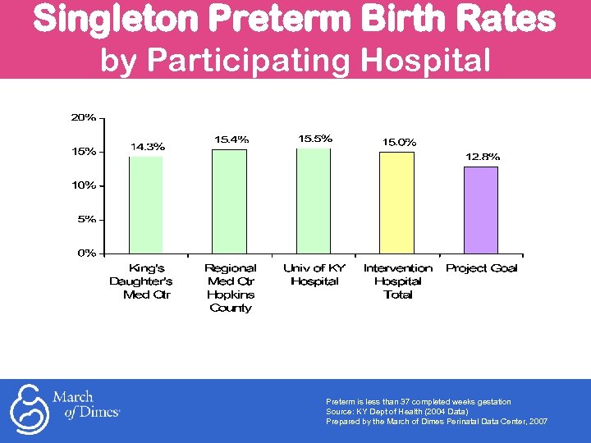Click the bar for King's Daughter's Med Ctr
[146, 204]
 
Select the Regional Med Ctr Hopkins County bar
[230, 201]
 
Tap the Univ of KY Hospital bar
[314, 200]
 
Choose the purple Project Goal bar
[481, 209]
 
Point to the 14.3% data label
[148, 147]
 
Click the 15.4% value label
[231, 139]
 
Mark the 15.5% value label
[315, 139]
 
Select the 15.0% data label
[399, 142]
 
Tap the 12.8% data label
[483, 156]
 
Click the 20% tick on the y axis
[83, 117]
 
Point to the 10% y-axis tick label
[83, 185]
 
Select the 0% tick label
[86, 253]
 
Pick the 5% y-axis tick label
[86, 219]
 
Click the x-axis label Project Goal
[481, 268]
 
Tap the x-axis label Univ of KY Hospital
[314, 275]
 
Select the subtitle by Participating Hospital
[295, 60]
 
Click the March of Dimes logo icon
[28, 408]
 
